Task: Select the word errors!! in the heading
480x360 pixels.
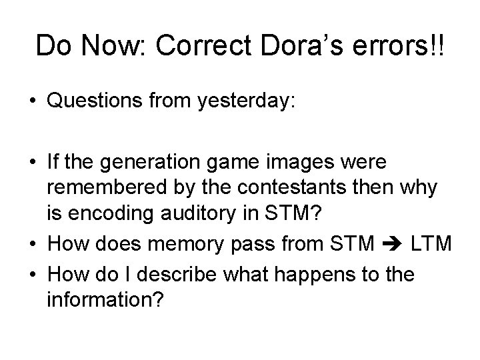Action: (402, 46)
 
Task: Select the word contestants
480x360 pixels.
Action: (302, 189)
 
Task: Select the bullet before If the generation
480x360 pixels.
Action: (33, 163)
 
